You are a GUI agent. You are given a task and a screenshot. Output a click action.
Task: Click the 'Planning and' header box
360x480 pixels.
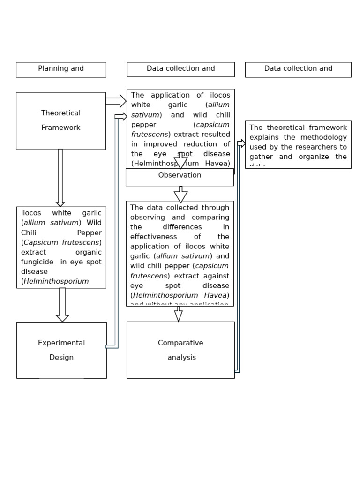[x=61, y=69]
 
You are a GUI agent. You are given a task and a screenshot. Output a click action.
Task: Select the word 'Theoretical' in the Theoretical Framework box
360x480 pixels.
[x=61, y=113]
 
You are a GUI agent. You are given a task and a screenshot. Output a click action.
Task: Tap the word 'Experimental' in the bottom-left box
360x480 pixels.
[x=61, y=343]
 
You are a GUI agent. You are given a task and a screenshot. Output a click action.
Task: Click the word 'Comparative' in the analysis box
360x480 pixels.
[x=180, y=343]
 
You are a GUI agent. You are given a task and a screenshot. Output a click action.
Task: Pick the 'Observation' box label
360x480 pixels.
[x=180, y=175]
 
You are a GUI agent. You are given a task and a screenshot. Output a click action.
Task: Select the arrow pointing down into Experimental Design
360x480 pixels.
[x=62, y=305]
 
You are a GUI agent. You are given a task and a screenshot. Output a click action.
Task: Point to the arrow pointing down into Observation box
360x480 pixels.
[x=181, y=162]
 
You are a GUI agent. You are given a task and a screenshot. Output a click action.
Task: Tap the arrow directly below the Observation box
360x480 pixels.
[x=180, y=194]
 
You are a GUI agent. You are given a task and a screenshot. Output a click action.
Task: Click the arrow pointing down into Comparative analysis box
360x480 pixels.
[x=178, y=314]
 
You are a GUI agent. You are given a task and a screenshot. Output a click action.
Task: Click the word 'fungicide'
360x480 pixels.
[x=37, y=262]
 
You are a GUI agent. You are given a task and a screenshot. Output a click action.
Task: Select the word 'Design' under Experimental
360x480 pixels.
[x=61, y=358]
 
